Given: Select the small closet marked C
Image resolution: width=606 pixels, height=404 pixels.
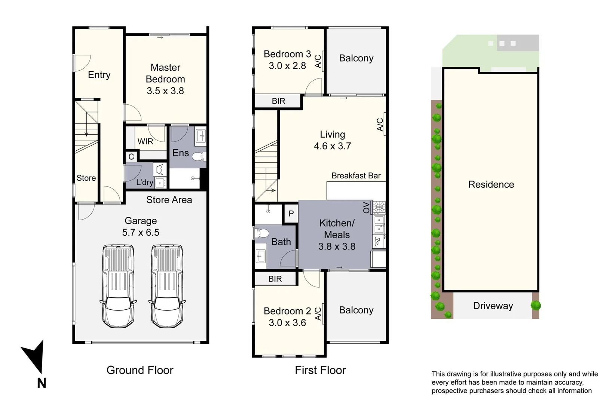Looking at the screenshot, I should point(131,156).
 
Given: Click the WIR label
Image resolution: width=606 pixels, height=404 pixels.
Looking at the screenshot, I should point(145,141).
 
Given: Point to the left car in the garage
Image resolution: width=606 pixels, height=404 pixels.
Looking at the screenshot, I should point(118,286).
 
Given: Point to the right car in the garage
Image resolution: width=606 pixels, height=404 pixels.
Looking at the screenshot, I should point(167,286).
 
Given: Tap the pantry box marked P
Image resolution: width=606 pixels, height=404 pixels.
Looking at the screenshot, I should point(291,214).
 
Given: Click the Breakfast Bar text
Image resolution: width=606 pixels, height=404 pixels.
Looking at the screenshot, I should point(356,175).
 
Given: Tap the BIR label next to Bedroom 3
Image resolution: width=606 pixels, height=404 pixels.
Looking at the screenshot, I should point(278,101).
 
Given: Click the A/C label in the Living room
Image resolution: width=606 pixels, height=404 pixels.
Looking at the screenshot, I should point(380,125).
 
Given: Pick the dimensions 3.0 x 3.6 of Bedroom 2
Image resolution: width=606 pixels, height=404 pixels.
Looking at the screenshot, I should point(287,322).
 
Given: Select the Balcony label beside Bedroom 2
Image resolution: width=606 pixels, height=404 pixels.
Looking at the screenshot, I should point(356,310).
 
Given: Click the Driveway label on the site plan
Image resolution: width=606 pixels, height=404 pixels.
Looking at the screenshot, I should point(493,306).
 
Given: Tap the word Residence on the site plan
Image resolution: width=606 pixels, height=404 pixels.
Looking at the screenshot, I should point(491,184).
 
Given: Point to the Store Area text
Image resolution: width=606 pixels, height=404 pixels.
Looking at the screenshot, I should point(169,200).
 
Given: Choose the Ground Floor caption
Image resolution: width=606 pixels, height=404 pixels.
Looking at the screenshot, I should point(140,370).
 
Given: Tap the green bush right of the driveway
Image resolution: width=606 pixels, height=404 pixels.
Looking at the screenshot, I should point(536,305).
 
